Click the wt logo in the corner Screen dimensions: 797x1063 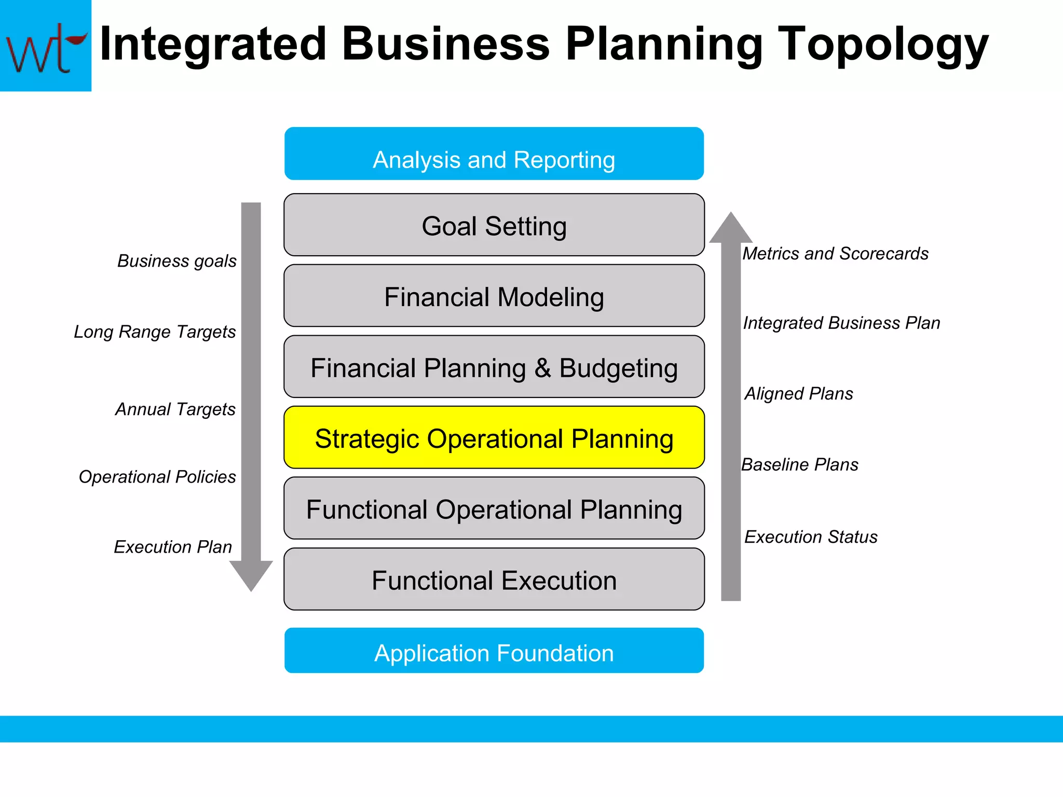pyautogui.click(x=45, y=46)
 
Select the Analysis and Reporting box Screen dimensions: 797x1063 pyautogui.click(x=494, y=154)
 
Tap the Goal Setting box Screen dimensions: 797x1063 pyautogui.click(x=494, y=225)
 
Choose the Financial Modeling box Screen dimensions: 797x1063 pyautogui.click(x=494, y=296)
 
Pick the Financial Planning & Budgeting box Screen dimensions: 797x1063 pyautogui.click(x=494, y=367)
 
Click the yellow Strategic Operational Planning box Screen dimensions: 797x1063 pyautogui.click(x=494, y=438)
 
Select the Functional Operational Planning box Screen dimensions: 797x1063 pyautogui.click(x=494, y=509)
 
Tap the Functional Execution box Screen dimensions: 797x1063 pyautogui.click(x=494, y=580)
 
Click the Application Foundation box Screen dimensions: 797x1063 pyautogui.click(x=494, y=651)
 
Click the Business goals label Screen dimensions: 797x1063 pyautogui.click(x=176, y=260)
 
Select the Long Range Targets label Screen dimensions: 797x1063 pyautogui.click(x=155, y=332)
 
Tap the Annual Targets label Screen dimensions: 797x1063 pyautogui.click(x=175, y=409)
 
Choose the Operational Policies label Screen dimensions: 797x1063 pyautogui.click(x=157, y=476)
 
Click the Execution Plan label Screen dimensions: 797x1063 pyautogui.click(x=173, y=547)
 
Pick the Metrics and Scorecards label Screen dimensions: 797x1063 pyautogui.click(x=835, y=253)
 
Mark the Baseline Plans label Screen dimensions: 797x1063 pyautogui.click(x=799, y=464)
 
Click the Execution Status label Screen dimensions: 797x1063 pyautogui.click(x=810, y=537)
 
